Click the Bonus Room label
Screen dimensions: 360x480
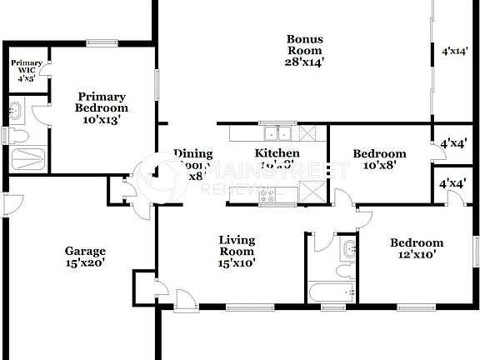pos(304,50)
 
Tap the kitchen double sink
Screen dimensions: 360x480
pos(276,133)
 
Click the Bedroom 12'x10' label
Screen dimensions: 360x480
pos(417,249)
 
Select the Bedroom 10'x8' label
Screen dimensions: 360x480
pos(379,159)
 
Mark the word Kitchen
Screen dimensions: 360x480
pos(277,153)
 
